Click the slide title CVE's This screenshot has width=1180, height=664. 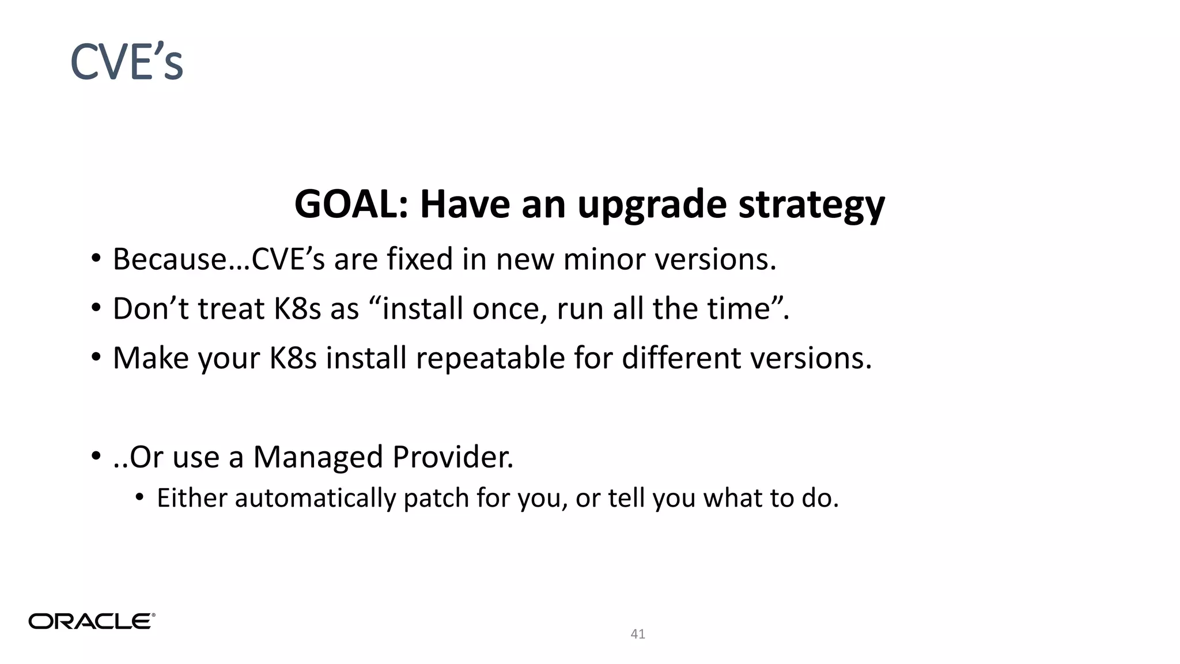click(x=127, y=62)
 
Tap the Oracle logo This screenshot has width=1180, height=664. click(x=92, y=621)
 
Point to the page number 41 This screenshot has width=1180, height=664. click(x=638, y=634)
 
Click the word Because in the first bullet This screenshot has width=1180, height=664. click(x=171, y=259)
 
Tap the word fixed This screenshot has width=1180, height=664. click(x=420, y=259)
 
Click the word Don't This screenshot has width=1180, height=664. click(x=151, y=308)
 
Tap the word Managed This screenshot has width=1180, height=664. click(x=318, y=457)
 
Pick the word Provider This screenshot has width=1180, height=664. click(x=453, y=457)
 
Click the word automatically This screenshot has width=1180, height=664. click(x=315, y=498)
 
